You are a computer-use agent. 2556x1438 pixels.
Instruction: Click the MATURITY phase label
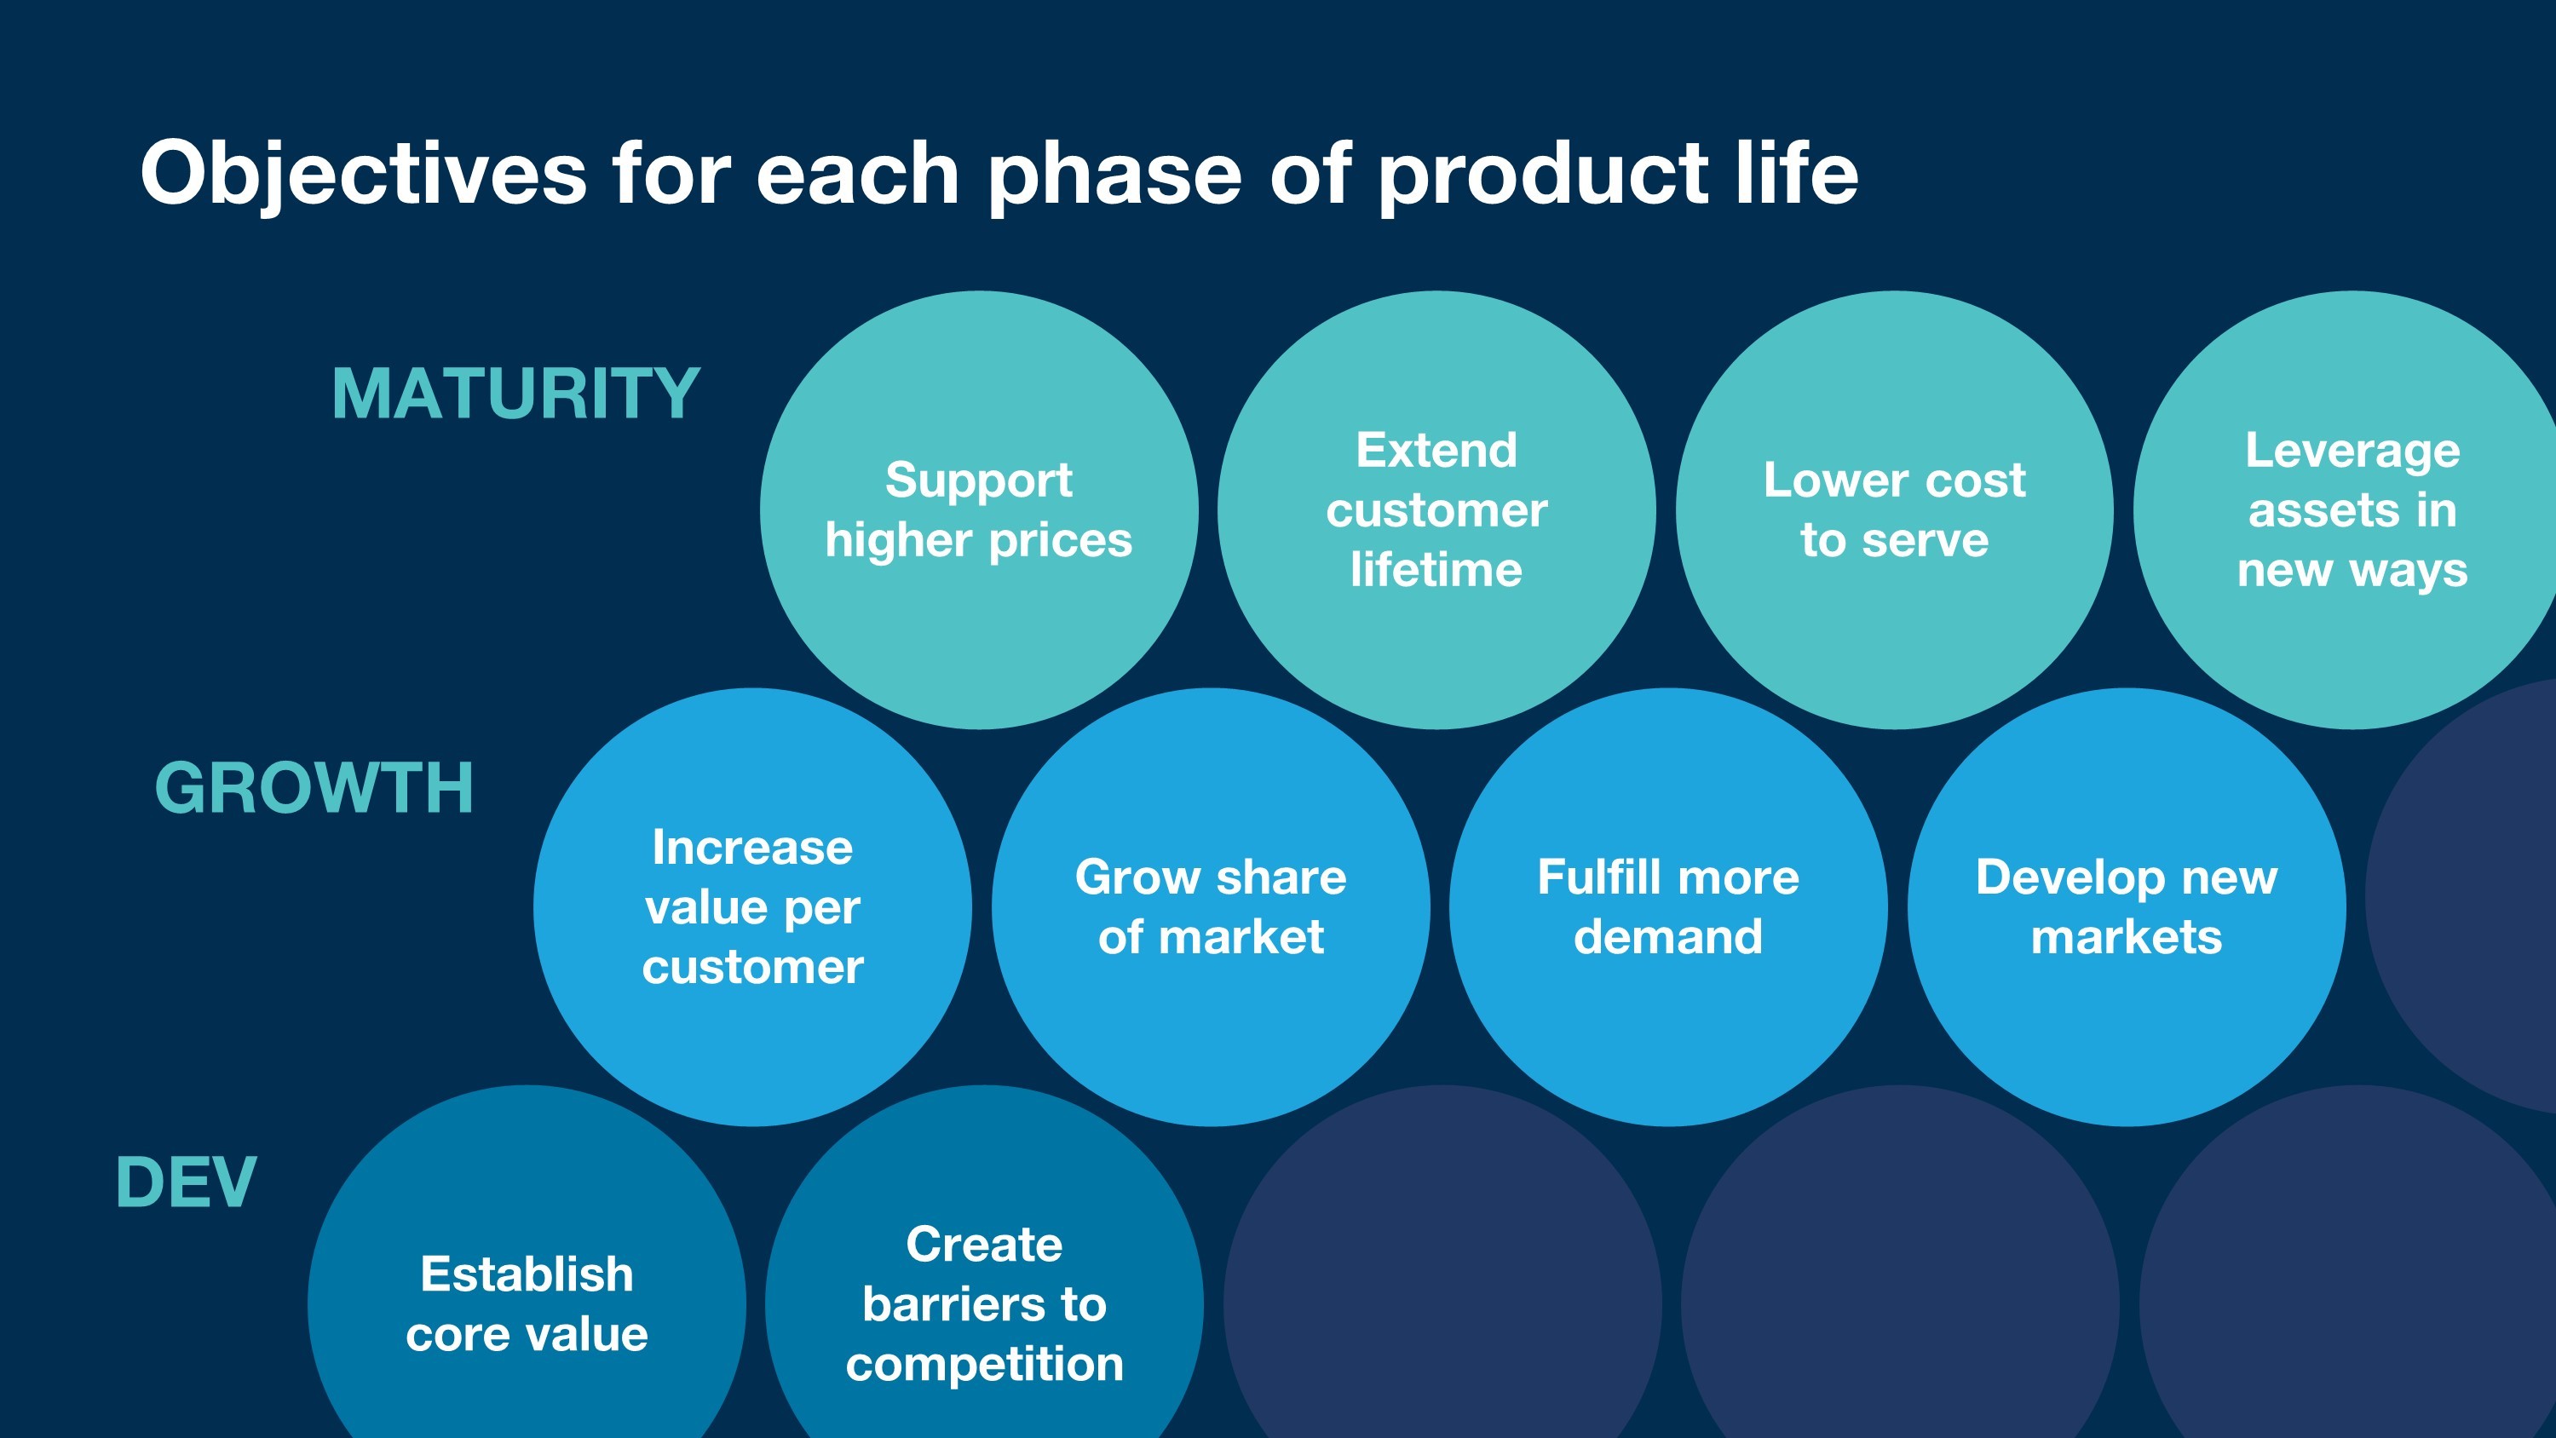coord(516,394)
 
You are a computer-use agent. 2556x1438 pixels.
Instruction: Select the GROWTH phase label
coord(314,789)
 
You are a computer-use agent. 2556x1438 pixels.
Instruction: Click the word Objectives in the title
coord(364,174)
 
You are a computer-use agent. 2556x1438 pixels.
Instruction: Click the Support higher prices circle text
coord(978,510)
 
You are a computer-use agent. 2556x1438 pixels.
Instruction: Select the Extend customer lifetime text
coord(1436,510)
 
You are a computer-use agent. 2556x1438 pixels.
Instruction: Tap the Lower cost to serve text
coord(1894,510)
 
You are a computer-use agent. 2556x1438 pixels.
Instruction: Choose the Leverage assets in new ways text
coord(2352,510)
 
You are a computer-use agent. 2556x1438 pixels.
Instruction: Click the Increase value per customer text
coord(752,907)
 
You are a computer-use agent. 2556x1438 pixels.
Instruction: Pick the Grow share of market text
coord(1211,907)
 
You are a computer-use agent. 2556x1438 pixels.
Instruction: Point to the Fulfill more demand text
coord(1668,907)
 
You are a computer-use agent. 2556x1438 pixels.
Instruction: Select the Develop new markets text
coord(2127,907)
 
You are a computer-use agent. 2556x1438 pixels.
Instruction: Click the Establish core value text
coord(527,1304)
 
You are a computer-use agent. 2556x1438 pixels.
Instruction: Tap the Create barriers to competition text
coord(984,1304)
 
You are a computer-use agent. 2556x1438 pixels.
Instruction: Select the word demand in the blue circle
coord(1668,937)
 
